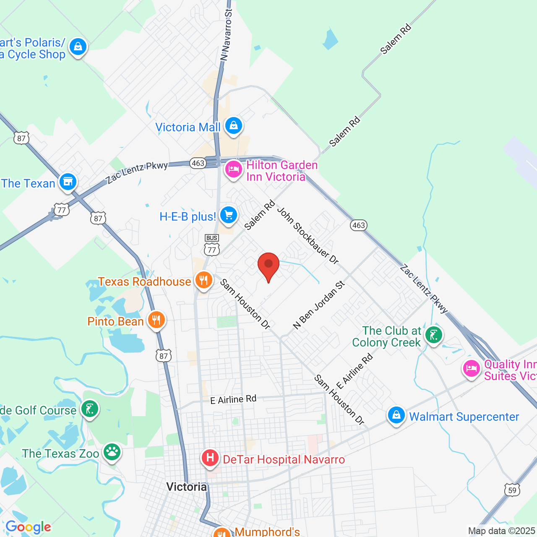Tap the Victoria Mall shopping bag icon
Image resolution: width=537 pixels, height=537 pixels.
tap(234, 125)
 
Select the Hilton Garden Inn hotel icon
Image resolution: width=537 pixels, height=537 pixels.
tap(233, 169)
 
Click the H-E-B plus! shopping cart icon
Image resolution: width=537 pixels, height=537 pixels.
tap(229, 216)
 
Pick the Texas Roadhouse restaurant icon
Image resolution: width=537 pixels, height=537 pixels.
tap(204, 280)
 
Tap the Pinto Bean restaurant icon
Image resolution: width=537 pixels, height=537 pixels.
tap(156, 320)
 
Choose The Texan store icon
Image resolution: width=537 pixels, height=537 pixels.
tap(68, 182)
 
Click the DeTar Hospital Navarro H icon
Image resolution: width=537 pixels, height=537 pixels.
tap(210, 458)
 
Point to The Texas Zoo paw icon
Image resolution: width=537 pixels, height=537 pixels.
tap(112, 452)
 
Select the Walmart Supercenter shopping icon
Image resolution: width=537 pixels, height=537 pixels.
tap(396, 415)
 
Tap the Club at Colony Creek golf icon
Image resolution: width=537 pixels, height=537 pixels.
tap(433, 335)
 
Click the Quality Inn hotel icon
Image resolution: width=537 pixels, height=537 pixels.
tap(471, 369)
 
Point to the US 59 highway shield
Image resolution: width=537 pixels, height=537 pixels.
tap(512, 490)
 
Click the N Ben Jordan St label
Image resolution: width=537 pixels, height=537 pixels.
tap(319, 305)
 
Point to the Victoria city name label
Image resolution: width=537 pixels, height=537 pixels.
tap(187, 487)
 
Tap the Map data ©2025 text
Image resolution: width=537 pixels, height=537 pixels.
tap(501, 531)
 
